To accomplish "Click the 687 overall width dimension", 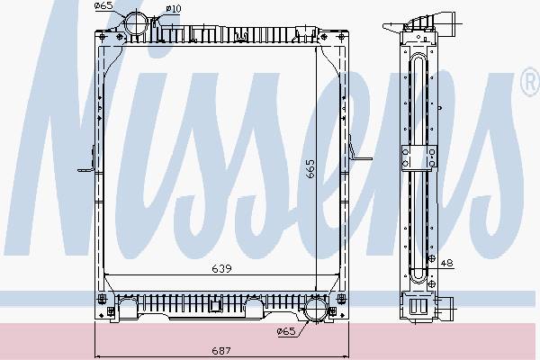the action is coord(221,350).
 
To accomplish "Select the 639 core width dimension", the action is coord(221,268).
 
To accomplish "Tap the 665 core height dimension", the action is coord(310,168).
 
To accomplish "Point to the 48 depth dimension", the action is coord(446,263).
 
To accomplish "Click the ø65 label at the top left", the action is coord(104,5).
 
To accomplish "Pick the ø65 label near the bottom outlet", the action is coord(286,331).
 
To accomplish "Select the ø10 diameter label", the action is coord(174,8).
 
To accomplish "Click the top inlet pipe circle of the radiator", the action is coord(136,23).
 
